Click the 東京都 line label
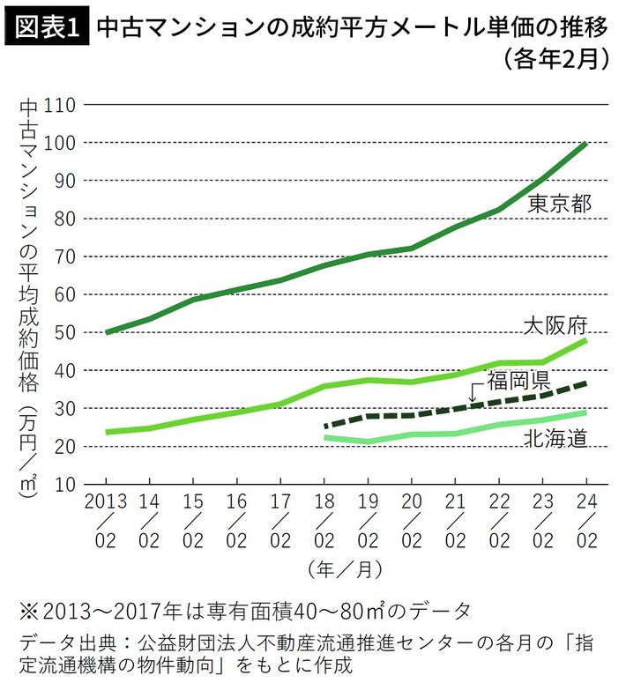click(558, 204)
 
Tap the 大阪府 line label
click(555, 324)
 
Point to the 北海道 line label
click(555, 438)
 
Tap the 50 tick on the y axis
click(67, 333)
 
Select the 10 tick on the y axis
click(67, 485)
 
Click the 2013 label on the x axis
click(106, 501)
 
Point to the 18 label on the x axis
click(324, 501)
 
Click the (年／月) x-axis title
click(346, 569)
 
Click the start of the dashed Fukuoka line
click(325, 427)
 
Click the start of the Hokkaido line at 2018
click(325, 438)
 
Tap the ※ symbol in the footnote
click(26, 610)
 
